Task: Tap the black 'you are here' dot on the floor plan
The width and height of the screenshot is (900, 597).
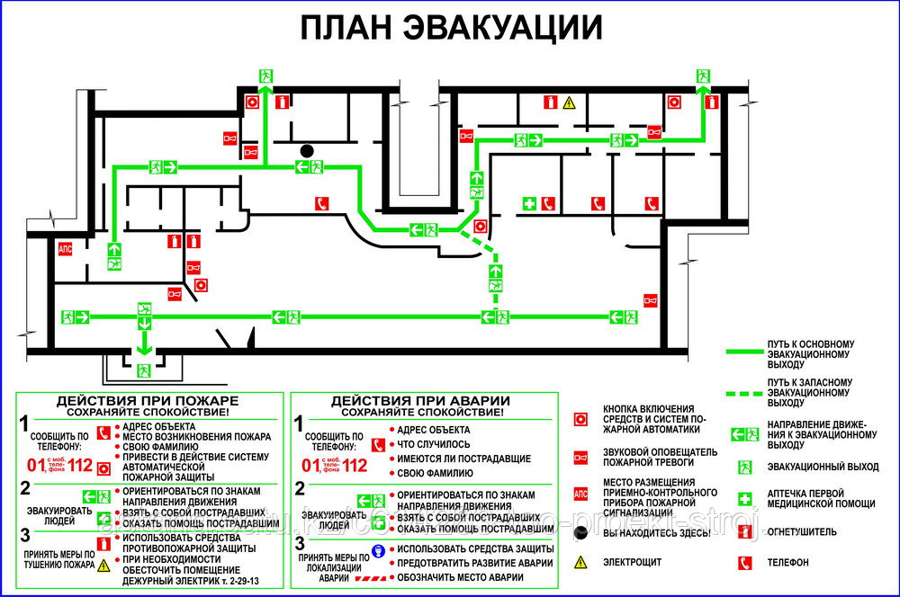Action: (308, 150)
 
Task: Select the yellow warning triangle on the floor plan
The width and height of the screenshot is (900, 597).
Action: (569, 103)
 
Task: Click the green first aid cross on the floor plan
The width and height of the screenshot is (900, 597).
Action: (530, 204)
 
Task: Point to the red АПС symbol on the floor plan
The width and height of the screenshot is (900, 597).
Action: (65, 249)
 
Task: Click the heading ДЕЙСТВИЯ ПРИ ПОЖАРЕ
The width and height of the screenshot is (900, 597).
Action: (148, 400)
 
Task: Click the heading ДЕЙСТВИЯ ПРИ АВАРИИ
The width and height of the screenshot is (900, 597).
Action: (420, 400)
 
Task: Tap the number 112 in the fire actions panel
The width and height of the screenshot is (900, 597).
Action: (80, 466)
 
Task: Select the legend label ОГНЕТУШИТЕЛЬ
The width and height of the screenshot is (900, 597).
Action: (802, 532)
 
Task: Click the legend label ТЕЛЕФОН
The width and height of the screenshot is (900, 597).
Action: (788, 563)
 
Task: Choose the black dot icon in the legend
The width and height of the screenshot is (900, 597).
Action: (581, 532)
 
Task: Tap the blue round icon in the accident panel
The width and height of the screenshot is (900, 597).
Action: (379, 549)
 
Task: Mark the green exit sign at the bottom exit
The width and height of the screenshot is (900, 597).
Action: (142, 370)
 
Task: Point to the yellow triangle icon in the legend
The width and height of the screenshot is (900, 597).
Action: (581, 562)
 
